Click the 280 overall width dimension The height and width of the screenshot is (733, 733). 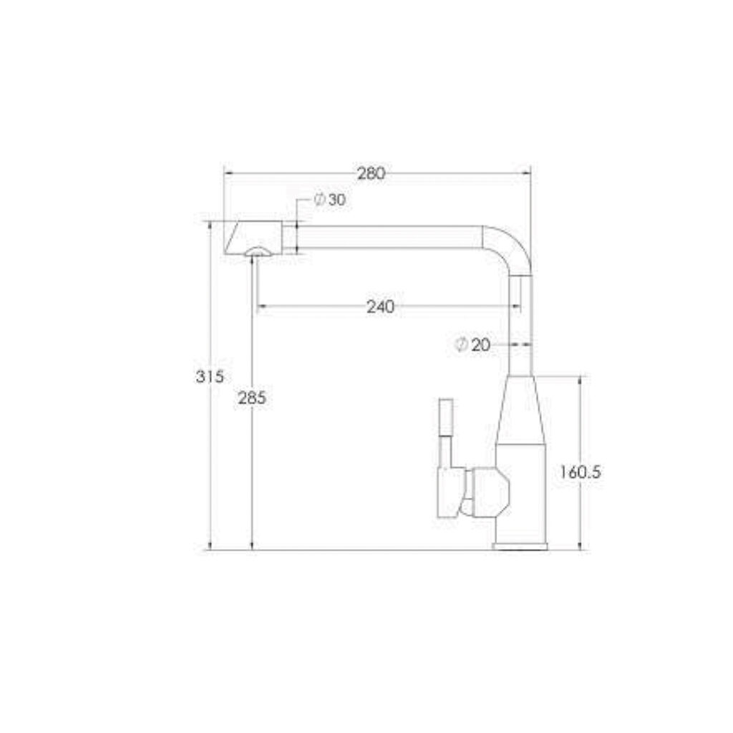click(372, 173)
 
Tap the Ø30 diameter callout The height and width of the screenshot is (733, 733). click(330, 200)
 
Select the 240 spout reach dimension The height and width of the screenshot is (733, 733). click(380, 306)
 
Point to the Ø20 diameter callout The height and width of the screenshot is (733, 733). click(472, 345)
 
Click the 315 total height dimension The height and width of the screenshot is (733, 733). click(210, 377)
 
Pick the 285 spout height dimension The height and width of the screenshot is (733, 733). click(252, 398)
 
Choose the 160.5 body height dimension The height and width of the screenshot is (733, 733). click(581, 472)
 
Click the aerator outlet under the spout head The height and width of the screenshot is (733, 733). click(257, 252)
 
